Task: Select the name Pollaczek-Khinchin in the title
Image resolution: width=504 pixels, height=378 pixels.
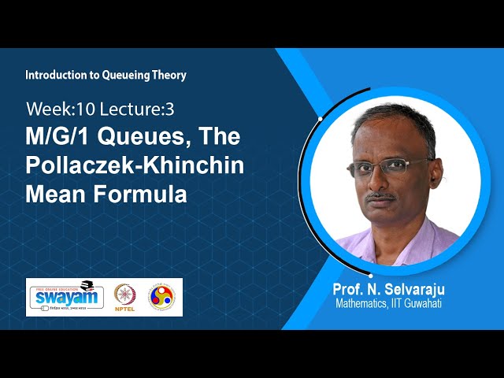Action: tap(135, 165)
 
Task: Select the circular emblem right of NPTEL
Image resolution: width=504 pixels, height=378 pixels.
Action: tap(161, 296)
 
